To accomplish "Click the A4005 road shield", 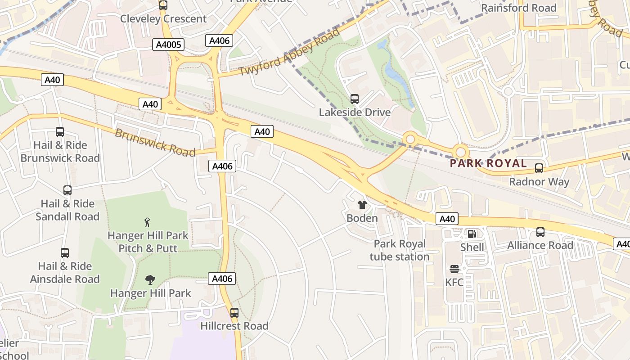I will click(x=168, y=45).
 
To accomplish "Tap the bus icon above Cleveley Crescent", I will click(x=163, y=5).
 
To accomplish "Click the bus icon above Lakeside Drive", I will click(x=355, y=99).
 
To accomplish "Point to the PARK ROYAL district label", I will click(x=488, y=163).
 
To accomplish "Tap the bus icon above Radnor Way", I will click(x=539, y=168).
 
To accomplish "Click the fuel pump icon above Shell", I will click(x=472, y=234).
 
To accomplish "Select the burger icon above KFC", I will click(x=454, y=269).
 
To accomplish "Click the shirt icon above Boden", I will click(x=362, y=205).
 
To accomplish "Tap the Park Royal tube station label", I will click(x=400, y=250).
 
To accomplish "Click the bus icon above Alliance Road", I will click(x=540, y=232).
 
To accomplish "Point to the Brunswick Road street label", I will click(x=155, y=142).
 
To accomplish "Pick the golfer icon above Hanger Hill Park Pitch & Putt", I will click(x=147, y=222).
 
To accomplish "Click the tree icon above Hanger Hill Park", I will click(x=150, y=280).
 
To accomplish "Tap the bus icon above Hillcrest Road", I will click(x=234, y=312).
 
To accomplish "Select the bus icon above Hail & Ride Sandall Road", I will click(x=67, y=190).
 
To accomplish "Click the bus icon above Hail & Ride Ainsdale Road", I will click(x=65, y=253).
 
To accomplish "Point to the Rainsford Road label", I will click(x=518, y=8).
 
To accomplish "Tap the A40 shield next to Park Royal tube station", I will click(x=447, y=219).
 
